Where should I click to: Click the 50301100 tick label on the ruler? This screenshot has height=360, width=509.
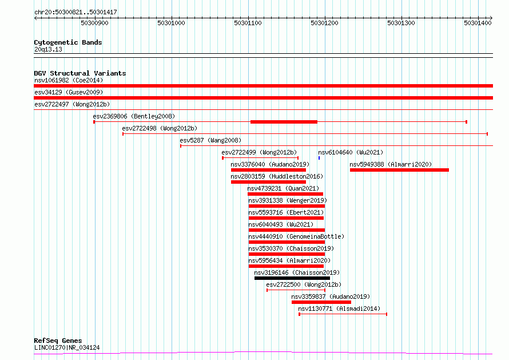tap(248, 23)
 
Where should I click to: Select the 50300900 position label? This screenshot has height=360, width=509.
tap(94, 23)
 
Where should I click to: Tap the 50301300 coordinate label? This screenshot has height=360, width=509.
tap(401, 23)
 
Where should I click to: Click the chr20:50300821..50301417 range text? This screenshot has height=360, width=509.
tap(75, 13)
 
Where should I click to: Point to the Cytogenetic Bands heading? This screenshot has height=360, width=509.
tap(68, 42)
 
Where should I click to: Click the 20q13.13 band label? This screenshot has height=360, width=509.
tap(48, 49)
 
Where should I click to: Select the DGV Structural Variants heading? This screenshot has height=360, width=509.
tap(80, 73)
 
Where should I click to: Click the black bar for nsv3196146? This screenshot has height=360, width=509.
tap(292, 278)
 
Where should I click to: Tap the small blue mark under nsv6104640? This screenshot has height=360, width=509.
tap(319, 158)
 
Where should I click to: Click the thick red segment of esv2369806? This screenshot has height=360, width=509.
tap(284, 122)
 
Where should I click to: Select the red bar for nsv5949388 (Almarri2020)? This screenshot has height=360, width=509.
tap(399, 170)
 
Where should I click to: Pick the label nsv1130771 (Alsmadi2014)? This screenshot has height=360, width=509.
tap(339, 308)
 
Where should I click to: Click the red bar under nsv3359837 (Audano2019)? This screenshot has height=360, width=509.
tap(321, 302)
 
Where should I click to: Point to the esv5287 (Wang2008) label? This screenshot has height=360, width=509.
tap(210, 140)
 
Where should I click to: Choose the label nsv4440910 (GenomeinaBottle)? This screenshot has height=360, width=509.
tap(296, 236)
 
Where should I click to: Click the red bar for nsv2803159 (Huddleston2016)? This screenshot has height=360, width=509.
tap(268, 182)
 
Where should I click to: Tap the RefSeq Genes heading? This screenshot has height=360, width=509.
tap(58, 341)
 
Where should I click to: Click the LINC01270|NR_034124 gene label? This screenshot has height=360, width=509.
tap(67, 347)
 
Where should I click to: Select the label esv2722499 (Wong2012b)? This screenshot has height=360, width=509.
tap(259, 152)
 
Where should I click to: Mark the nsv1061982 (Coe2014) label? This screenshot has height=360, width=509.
tap(69, 80)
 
